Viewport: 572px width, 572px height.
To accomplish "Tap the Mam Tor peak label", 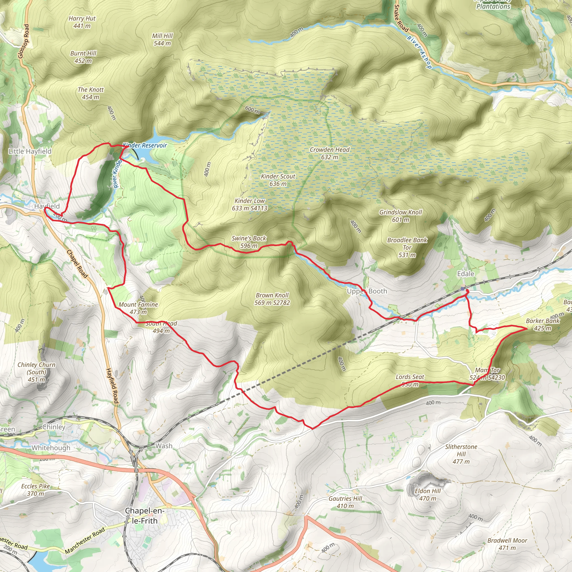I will tap(487, 374).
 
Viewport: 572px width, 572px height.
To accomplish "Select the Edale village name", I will tap(465, 274).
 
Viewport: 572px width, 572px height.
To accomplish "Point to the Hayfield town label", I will tap(47, 206).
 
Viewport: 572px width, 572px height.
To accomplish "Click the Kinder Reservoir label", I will tap(145, 145).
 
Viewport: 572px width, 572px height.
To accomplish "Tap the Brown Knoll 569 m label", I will tap(272, 299).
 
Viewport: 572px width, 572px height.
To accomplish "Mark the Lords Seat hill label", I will tap(410, 380).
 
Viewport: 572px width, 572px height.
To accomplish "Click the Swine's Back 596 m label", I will tap(249, 242).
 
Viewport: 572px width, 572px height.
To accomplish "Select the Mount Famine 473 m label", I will tap(138, 308).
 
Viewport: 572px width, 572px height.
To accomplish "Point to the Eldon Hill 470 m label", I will tap(428, 494).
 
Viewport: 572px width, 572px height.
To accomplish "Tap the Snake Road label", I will tap(401, 18).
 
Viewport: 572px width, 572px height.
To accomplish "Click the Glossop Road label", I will tap(24, 41).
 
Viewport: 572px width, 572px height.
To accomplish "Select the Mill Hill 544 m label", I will tap(162, 39).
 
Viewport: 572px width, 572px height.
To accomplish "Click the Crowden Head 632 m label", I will tap(330, 153).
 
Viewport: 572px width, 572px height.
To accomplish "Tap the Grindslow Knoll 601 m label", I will tap(401, 216).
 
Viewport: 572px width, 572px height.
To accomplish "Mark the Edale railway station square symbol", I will tap(463, 288).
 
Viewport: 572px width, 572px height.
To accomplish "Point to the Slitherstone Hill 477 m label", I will tap(461, 454).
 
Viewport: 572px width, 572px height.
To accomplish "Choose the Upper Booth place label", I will tap(367, 291).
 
